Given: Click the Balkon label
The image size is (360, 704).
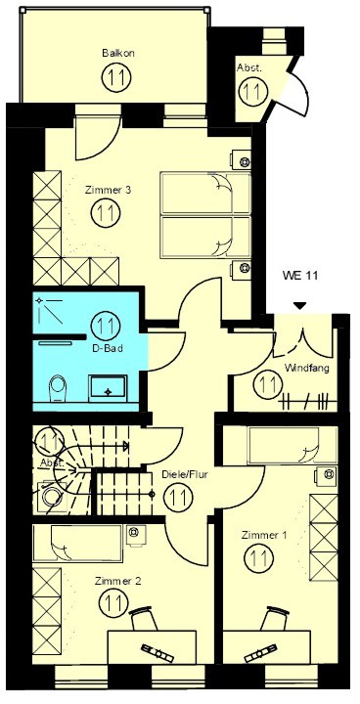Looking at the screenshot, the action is click(118, 53).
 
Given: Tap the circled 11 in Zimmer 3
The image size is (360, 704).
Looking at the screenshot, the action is click(106, 212).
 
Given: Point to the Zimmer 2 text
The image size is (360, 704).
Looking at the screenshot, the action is click(118, 581).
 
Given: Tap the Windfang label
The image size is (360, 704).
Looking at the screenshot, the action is click(307, 369).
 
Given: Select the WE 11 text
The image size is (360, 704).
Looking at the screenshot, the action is click(299, 275).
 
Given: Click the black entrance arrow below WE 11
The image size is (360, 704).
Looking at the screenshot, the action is click(299, 306).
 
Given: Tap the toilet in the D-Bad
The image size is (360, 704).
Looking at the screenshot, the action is click(58, 388).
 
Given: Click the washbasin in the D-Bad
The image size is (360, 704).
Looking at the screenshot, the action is click(108, 388).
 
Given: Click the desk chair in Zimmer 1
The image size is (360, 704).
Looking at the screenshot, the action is click(275, 618).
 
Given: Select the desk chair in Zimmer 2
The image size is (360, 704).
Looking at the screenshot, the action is click(144, 619).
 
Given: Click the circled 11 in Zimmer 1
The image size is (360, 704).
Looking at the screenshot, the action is click(259, 557).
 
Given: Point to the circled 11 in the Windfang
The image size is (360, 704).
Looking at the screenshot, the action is click(268, 384).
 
